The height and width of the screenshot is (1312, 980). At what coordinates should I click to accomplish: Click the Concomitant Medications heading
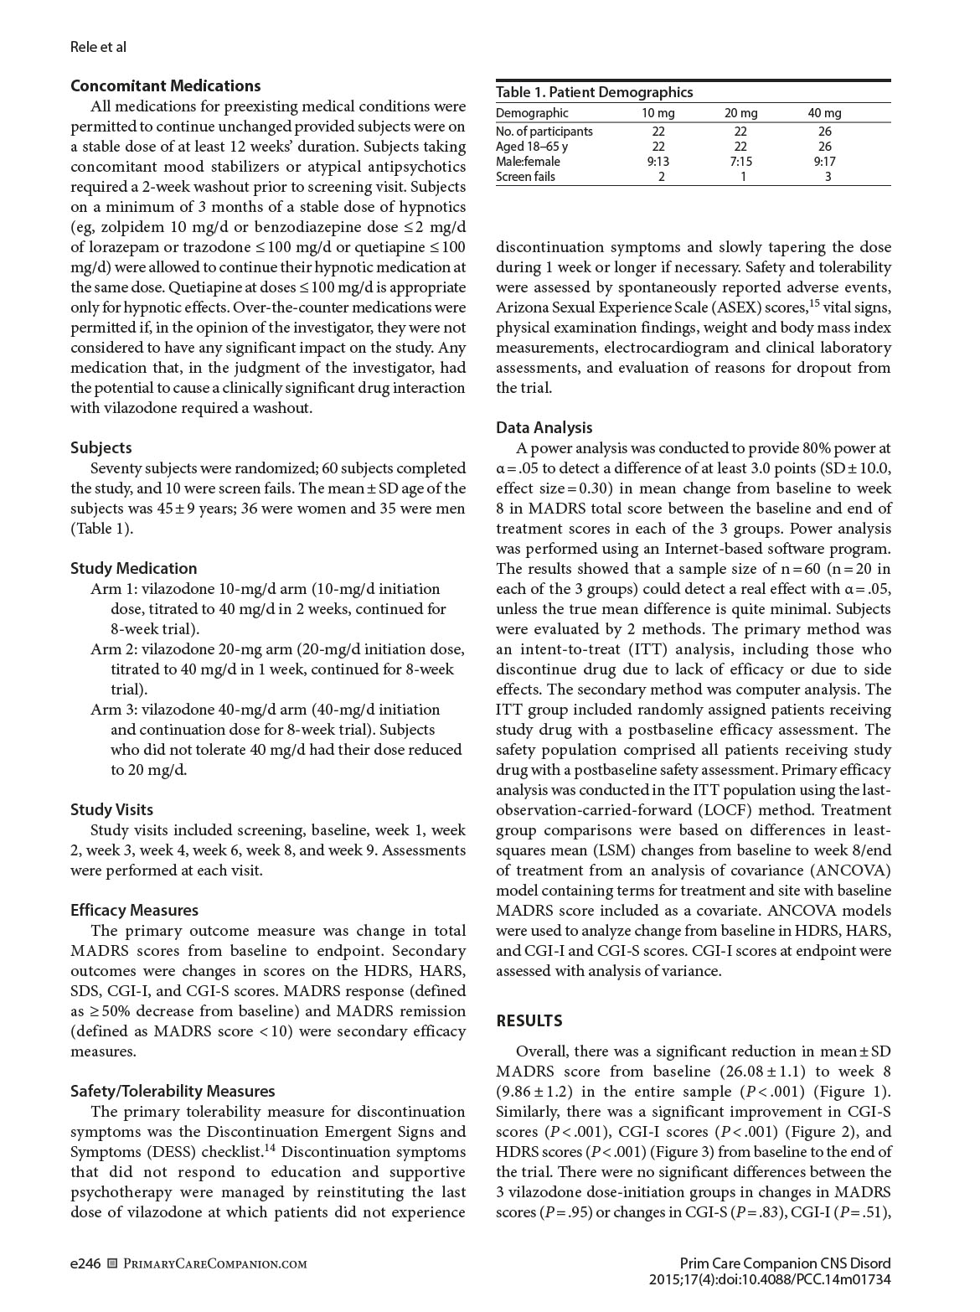pyautogui.click(x=165, y=85)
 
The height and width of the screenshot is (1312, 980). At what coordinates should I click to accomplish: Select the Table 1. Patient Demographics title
pyautogui.click(x=594, y=92)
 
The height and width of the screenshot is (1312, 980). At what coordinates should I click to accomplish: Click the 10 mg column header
pyautogui.click(x=658, y=113)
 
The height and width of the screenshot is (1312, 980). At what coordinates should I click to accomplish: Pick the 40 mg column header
pyautogui.click(x=824, y=113)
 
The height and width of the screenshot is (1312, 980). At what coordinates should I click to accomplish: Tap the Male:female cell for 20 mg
pyautogui.click(x=740, y=162)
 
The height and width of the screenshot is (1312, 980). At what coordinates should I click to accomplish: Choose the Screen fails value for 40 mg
pyautogui.click(x=828, y=177)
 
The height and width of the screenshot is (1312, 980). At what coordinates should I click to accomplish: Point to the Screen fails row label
pyautogui.click(x=525, y=177)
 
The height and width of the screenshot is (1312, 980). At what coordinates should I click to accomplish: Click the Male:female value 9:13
pyautogui.click(x=658, y=162)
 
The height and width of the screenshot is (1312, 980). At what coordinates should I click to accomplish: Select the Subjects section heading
pyautogui.click(x=101, y=447)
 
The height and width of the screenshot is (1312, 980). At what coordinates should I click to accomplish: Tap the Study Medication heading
pyautogui.click(x=133, y=568)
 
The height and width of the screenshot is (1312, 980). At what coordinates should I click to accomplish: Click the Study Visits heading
pyautogui.click(x=111, y=809)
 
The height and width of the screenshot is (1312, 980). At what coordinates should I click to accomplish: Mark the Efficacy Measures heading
pyautogui.click(x=134, y=910)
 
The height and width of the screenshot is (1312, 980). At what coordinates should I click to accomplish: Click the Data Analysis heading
pyautogui.click(x=544, y=427)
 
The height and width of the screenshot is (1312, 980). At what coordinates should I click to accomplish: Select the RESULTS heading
pyautogui.click(x=529, y=1020)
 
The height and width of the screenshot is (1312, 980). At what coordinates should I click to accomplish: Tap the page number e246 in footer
pyautogui.click(x=86, y=1263)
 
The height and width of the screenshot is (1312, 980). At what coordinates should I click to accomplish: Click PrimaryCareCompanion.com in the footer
pyautogui.click(x=214, y=1263)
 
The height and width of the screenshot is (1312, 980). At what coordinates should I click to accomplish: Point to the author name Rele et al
pyautogui.click(x=98, y=47)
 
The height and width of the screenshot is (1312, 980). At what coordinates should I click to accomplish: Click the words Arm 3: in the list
pyautogui.click(x=114, y=710)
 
